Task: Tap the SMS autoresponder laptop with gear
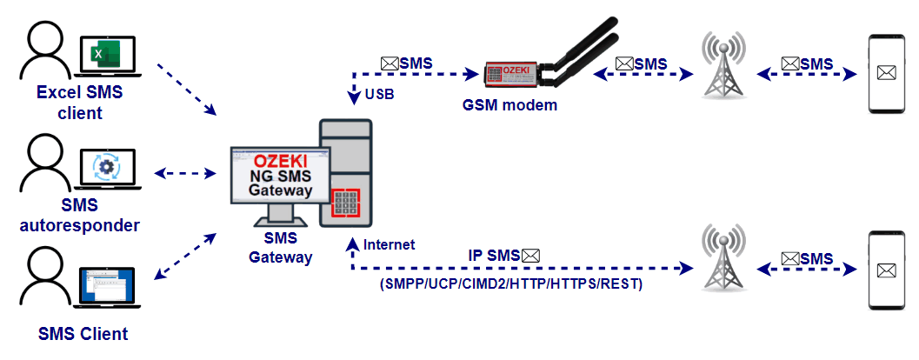click(108, 169)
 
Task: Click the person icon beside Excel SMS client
click(45, 52)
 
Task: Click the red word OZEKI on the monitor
click(277, 163)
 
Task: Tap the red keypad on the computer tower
click(348, 201)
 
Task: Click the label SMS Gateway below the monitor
click(280, 248)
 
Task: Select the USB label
click(379, 94)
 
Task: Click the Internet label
click(390, 245)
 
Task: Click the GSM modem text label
click(509, 106)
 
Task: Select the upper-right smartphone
click(886, 75)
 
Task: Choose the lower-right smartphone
click(886, 270)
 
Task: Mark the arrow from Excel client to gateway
click(186, 90)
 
